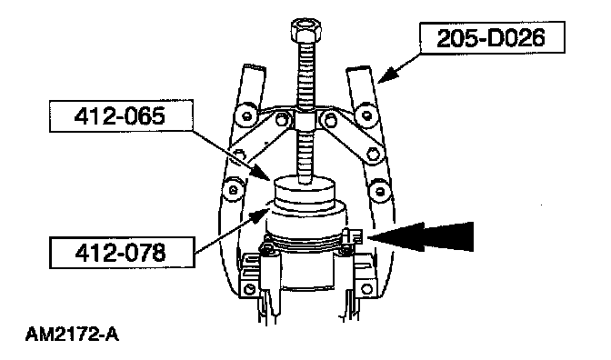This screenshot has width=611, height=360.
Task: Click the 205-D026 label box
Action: [492, 37]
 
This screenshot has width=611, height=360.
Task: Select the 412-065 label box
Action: [121, 116]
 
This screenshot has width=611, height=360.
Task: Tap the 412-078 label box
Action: [122, 253]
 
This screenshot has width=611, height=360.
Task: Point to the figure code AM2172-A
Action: [72, 335]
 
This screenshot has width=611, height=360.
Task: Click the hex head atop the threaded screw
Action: [305, 30]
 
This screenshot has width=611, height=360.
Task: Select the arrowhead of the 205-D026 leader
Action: [387, 74]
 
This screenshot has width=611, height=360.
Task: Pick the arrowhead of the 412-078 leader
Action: [259, 215]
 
